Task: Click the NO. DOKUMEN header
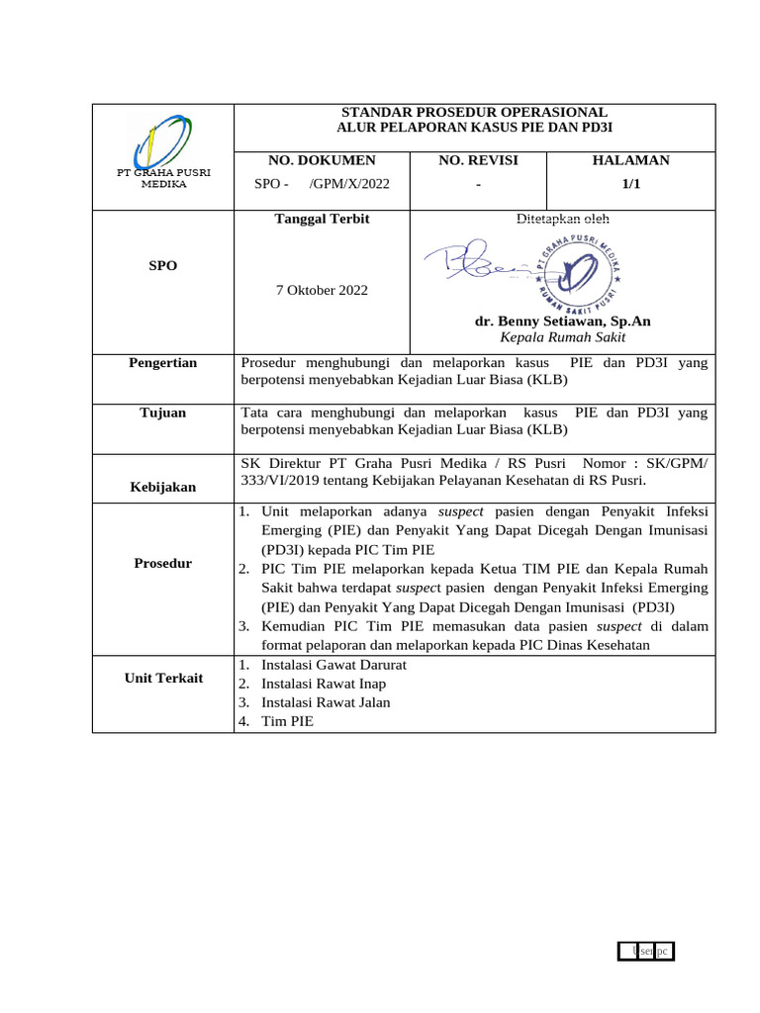coord(323,160)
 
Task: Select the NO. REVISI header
coord(478,160)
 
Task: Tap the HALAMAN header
coord(630,160)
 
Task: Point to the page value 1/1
coord(630,184)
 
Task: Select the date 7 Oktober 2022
coord(322,290)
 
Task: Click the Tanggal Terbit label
coord(322,219)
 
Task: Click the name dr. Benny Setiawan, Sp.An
coord(562,322)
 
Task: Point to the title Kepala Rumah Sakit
coord(562,337)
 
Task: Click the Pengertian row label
coord(162,363)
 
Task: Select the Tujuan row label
coord(162,413)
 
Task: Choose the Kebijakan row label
coord(162,487)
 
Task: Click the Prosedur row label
coord(162,563)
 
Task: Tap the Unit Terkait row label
coord(162,678)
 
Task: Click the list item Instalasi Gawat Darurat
coord(333,665)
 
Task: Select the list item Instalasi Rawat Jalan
coord(326,702)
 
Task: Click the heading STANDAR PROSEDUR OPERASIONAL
coord(474,113)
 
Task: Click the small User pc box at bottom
coord(651,951)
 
